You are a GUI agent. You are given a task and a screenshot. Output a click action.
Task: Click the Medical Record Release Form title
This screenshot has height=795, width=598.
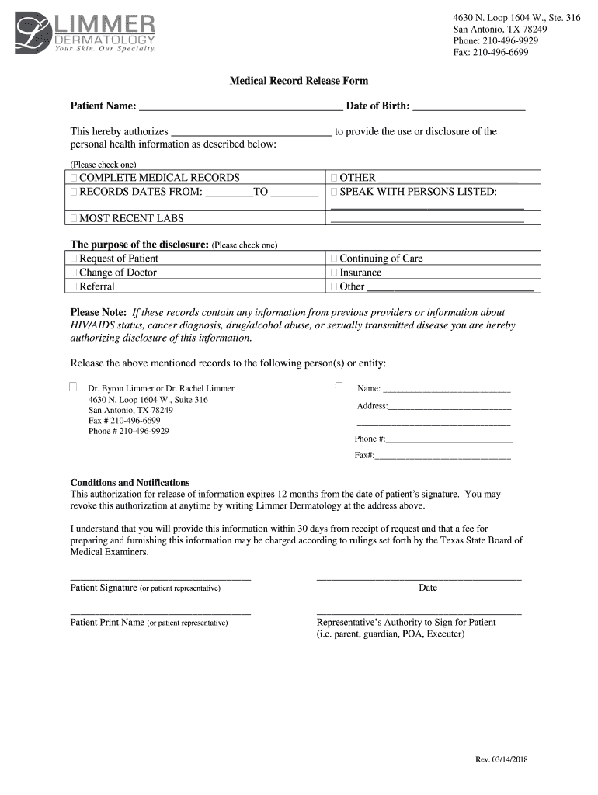298,81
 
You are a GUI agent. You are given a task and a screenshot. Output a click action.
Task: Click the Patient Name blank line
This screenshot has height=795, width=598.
239,108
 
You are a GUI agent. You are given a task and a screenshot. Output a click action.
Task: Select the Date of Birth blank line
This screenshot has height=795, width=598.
469,108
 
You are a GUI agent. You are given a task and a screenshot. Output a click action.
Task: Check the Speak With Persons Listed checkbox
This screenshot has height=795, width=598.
335,192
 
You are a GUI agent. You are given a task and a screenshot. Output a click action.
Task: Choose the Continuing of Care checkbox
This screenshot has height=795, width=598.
335,259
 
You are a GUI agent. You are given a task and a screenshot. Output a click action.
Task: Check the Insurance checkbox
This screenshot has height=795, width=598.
335,273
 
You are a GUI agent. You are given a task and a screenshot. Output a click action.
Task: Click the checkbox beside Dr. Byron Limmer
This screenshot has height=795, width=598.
74,387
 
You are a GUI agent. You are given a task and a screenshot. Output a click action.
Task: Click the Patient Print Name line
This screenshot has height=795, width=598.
161,613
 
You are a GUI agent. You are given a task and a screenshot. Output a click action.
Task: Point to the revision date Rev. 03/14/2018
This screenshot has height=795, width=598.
502,760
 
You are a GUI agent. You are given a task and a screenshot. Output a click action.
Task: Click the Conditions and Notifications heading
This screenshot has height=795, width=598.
130,482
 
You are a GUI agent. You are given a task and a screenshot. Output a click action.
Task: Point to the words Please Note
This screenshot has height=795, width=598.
99,312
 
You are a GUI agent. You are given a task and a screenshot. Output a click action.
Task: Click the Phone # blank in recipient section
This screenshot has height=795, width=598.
449,439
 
